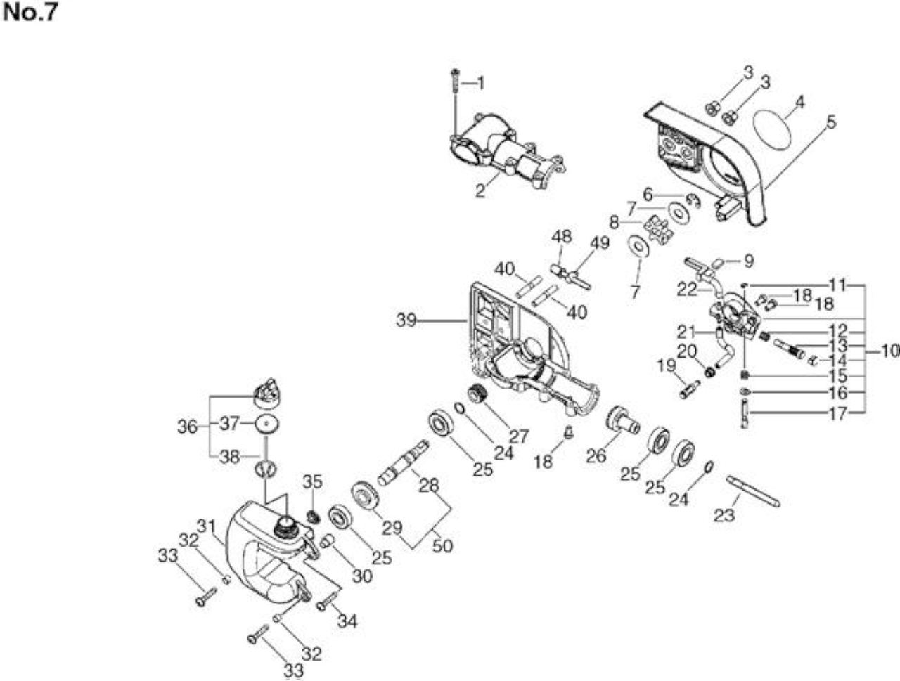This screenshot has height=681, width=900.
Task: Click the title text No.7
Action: [30, 13]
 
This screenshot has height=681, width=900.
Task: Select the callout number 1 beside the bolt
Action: [480, 84]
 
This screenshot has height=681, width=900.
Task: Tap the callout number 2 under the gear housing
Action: [480, 190]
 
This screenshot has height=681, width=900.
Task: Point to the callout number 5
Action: [830, 122]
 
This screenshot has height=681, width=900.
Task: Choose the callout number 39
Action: [406, 320]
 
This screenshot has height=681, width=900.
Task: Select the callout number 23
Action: [724, 515]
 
